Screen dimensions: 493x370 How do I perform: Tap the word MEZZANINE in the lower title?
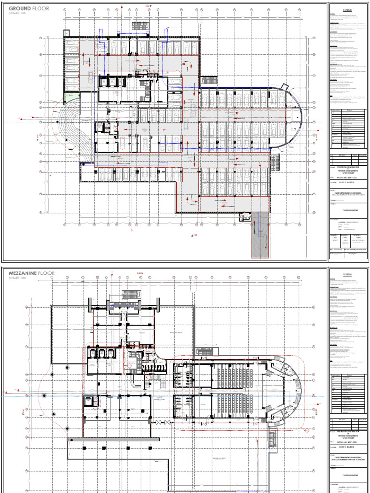coord(25,273)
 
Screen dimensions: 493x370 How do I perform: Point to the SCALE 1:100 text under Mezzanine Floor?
coord(18,278)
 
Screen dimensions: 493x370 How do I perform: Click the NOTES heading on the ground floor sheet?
coord(347,10)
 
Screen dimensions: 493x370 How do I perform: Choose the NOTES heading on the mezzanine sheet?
coord(347,274)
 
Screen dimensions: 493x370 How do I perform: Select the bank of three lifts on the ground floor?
coord(111,82)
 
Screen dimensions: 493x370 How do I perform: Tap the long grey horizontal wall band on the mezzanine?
coord(114,439)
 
